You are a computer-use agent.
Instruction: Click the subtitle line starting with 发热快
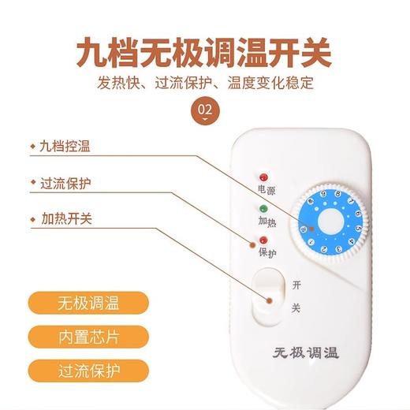tap(204, 82)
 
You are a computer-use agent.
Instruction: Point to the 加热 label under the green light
tap(266, 222)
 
